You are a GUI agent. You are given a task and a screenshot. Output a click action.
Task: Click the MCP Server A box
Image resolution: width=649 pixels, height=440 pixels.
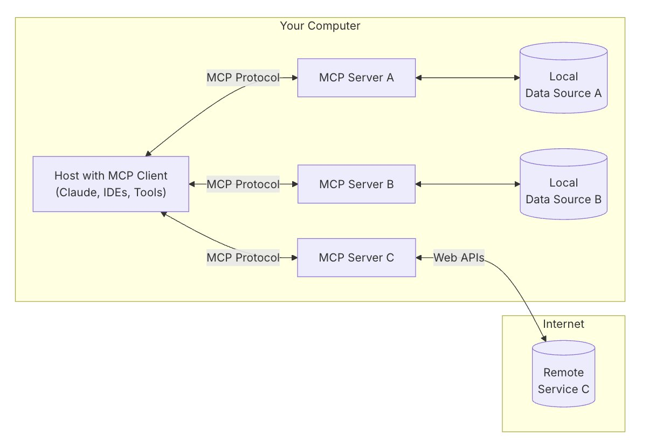tap(356, 78)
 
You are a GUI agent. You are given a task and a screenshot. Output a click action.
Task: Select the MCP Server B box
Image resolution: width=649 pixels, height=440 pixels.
tap(356, 184)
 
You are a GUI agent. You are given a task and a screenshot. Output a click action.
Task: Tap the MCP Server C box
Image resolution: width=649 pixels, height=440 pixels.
tap(356, 258)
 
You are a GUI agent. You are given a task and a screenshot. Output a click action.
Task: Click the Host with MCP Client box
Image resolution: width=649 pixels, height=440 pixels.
tap(111, 184)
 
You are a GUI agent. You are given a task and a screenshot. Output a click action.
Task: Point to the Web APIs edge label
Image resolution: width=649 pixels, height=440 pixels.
tap(459, 258)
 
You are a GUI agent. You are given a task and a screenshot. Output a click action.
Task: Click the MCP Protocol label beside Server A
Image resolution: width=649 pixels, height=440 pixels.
tap(243, 78)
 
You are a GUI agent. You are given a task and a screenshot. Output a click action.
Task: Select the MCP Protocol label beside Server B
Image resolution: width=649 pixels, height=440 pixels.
tap(243, 184)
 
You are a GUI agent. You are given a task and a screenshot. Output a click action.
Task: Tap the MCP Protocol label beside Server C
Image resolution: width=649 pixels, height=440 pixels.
tap(243, 258)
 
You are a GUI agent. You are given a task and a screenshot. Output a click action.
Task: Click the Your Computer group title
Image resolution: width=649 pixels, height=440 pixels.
tap(320, 25)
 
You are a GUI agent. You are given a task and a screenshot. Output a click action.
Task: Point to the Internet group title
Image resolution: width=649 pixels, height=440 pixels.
tap(563, 324)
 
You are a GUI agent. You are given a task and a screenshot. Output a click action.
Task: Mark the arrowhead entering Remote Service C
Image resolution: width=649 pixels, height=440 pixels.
tap(544, 338)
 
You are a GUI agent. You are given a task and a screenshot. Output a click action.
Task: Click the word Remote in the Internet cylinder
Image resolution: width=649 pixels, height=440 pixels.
tap(563, 373)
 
